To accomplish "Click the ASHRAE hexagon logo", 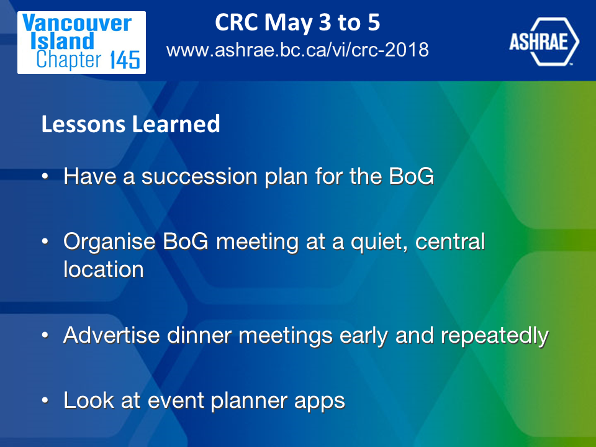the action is click(x=544, y=42).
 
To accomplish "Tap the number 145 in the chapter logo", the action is click(x=125, y=60).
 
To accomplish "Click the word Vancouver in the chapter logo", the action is click(x=77, y=23).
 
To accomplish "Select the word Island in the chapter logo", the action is click(x=62, y=41).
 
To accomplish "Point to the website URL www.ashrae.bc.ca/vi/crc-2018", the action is click(x=297, y=50).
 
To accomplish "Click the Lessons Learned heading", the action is click(x=131, y=124).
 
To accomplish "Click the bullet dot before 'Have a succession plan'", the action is click(x=45, y=176).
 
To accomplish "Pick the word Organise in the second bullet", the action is click(x=109, y=243).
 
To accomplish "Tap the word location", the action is click(x=104, y=269).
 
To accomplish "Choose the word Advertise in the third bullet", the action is click(x=111, y=335).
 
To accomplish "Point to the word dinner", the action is click(x=199, y=335).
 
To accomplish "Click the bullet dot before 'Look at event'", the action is click(x=45, y=400).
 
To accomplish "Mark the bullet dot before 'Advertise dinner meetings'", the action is click(x=45, y=335).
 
